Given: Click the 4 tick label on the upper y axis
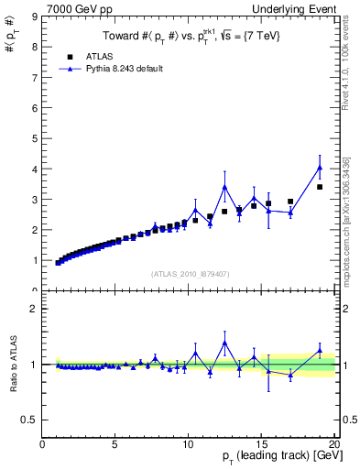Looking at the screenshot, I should coord(34,169).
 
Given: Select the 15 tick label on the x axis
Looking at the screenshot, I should coord(261,444).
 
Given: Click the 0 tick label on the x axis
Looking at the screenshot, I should coord(42,444).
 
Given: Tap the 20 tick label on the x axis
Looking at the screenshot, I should coord(334,444).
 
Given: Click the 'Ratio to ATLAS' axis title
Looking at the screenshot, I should coord(14,365).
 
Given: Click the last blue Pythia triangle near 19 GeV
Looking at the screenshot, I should coord(320,168).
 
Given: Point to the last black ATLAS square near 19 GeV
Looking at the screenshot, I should coord(320,187).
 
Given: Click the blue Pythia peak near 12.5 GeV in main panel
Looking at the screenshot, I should coord(224,188).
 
